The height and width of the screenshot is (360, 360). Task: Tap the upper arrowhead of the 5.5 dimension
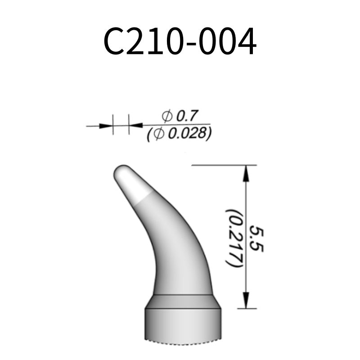coord(246,173)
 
